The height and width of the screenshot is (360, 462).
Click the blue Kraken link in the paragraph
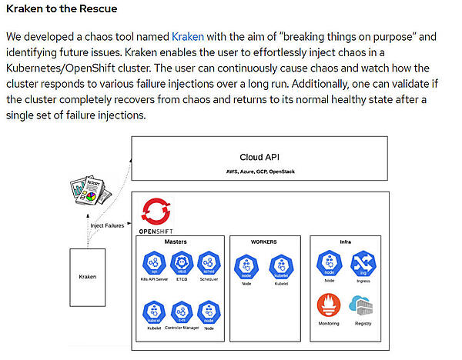(187, 36)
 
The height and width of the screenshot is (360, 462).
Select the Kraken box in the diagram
(88, 276)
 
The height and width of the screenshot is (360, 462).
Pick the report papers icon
(89, 189)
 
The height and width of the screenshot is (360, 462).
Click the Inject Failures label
(107, 225)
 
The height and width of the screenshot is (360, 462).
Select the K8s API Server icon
(154, 264)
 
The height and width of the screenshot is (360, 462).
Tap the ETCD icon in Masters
(181, 264)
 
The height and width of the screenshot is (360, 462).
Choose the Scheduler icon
(208, 264)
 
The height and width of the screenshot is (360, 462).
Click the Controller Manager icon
(181, 312)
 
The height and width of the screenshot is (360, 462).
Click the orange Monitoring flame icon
(329, 305)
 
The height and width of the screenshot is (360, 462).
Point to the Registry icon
(361, 305)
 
